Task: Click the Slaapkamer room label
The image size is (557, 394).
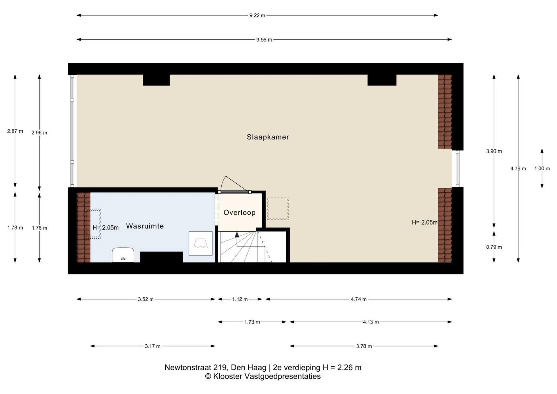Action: pos(268,137)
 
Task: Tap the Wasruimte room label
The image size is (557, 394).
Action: pos(145,226)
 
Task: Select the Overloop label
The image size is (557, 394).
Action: pos(239,213)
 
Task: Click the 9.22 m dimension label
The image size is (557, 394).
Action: pos(257,15)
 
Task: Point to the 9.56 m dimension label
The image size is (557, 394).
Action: pos(264,40)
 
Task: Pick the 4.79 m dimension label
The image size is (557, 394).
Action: pos(518,169)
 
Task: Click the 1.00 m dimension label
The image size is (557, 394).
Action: pos(542,169)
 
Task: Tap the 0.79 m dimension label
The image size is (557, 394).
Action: pos(494,247)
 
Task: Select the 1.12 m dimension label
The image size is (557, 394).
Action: pos(240,299)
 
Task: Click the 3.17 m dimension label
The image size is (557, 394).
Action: pos(153,346)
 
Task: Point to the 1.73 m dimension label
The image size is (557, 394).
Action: pos(252,322)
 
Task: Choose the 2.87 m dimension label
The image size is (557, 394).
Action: pos(15,131)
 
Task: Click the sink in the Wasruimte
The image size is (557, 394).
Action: pos(123,255)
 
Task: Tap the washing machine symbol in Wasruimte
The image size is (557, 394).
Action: pos(200,243)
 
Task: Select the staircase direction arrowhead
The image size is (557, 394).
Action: pos(237,235)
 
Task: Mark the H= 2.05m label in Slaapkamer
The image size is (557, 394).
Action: pos(425,223)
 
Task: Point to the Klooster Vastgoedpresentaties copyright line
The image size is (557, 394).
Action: pos(263,377)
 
